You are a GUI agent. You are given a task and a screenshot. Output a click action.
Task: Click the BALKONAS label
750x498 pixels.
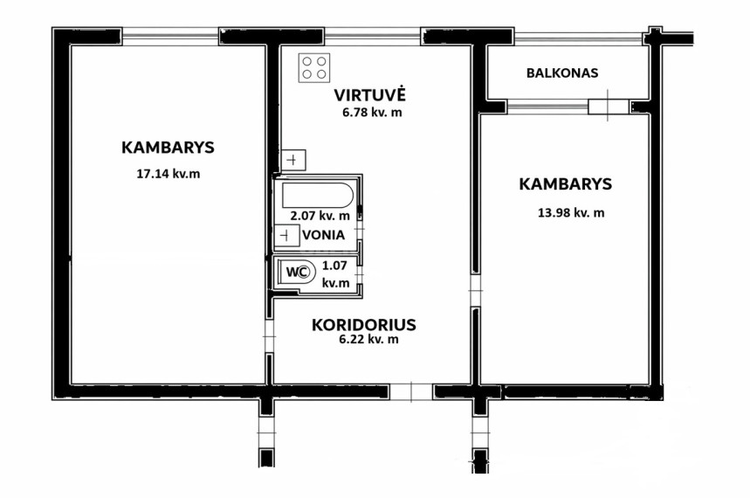point(562,73)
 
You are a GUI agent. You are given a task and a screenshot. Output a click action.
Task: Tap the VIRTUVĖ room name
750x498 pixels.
point(369,94)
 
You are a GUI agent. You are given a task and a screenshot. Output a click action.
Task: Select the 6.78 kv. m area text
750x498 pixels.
point(371,113)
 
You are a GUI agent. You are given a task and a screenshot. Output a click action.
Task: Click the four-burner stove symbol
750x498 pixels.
point(314,67)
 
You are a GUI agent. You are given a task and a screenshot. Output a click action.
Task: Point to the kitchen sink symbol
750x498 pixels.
point(293,160)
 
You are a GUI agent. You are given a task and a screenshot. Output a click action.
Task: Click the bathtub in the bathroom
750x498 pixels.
point(318,195)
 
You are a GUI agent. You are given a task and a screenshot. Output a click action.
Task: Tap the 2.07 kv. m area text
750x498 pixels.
point(320,216)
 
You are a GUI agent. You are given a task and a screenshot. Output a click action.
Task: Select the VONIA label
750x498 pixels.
point(323,235)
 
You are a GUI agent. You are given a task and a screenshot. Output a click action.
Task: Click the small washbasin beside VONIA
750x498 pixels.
point(287,236)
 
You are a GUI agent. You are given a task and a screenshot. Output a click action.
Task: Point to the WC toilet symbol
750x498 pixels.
point(298,272)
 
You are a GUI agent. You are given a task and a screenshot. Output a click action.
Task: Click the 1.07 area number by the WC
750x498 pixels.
point(334,266)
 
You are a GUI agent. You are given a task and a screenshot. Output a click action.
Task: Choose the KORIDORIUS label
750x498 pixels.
point(363,325)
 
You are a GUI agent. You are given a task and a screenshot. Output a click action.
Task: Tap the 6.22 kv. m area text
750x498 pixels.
point(368,340)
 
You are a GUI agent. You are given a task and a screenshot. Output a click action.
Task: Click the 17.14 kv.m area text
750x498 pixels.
point(169,173)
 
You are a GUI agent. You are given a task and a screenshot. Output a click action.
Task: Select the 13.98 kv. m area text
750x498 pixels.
point(571,212)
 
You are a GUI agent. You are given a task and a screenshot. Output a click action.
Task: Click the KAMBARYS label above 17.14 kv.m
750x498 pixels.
point(168,148)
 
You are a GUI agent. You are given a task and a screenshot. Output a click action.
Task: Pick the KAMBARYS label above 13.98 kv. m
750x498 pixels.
point(566,183)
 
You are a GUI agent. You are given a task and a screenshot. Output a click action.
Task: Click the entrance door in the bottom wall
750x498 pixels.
point(411,392)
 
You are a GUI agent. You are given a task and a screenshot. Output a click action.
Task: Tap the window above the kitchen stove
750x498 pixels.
point(373,37)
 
